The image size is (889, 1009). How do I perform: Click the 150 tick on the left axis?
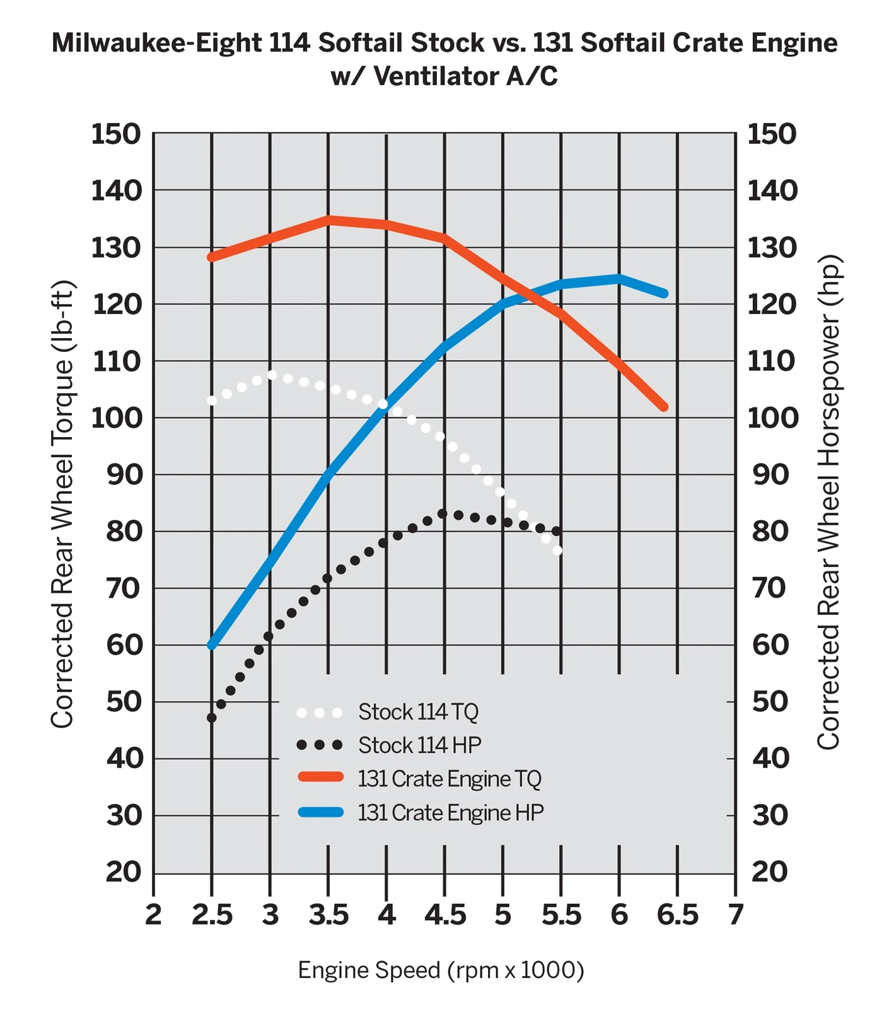pyautogui.click(x=116, y=134)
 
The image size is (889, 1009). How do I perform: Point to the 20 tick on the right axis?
pyautogui.click(x=770, y=872)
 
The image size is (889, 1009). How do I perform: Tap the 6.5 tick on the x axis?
pyautogui.click(x=678, y=915)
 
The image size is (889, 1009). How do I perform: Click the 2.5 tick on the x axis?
pyautogui.click(x=212, y=915)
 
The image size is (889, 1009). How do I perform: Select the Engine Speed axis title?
pyautogui.click(x=441, y=970)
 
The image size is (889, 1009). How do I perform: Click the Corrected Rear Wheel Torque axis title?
pyautogui.click(x=62, y=504)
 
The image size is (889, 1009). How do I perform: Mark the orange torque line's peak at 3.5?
pyautogui.click(x=328, y=220)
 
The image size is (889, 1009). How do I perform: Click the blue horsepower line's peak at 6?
pyautogui.click(x=619, y=278)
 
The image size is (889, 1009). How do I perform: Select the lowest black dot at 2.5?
pyautogui.click(x=212, y=718)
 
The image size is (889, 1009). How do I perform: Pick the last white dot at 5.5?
pyautogui.click(x=557, y=551)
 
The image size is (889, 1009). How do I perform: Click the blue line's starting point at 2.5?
pyautogui.click(x=212, y=645)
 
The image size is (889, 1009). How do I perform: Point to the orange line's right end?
pyautogui.click(x=663, y=407)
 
